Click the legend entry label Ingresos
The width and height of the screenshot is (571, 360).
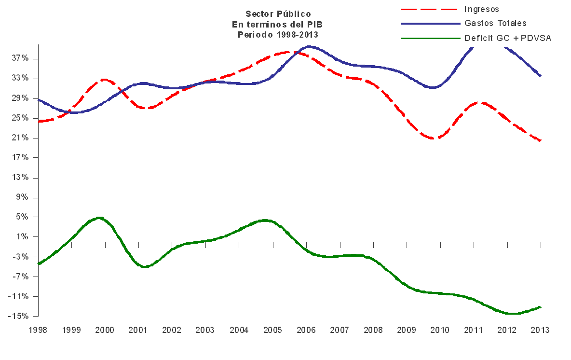tap(481, 9)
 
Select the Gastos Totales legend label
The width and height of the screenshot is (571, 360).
tap(495, 23)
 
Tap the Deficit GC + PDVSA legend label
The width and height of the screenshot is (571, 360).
tap(507, 38)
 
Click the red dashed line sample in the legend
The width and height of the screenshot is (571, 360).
tap(429, 9)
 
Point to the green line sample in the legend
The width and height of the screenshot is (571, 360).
tap(429, 38)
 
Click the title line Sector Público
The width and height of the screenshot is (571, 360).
tap(278, 14)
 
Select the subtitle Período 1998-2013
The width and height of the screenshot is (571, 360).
tap(278, 34)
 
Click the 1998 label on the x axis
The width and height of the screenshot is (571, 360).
tap(38, 330)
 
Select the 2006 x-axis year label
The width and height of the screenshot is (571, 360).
tap(306, 330)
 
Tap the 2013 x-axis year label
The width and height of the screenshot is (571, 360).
tap(540, 330)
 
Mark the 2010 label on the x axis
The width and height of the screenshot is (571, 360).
tap(440, 330)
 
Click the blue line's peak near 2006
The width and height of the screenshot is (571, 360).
tap(309, 47)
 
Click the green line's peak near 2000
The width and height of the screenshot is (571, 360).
tap(98, 218)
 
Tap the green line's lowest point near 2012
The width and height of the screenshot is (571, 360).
tap(512, 314)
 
